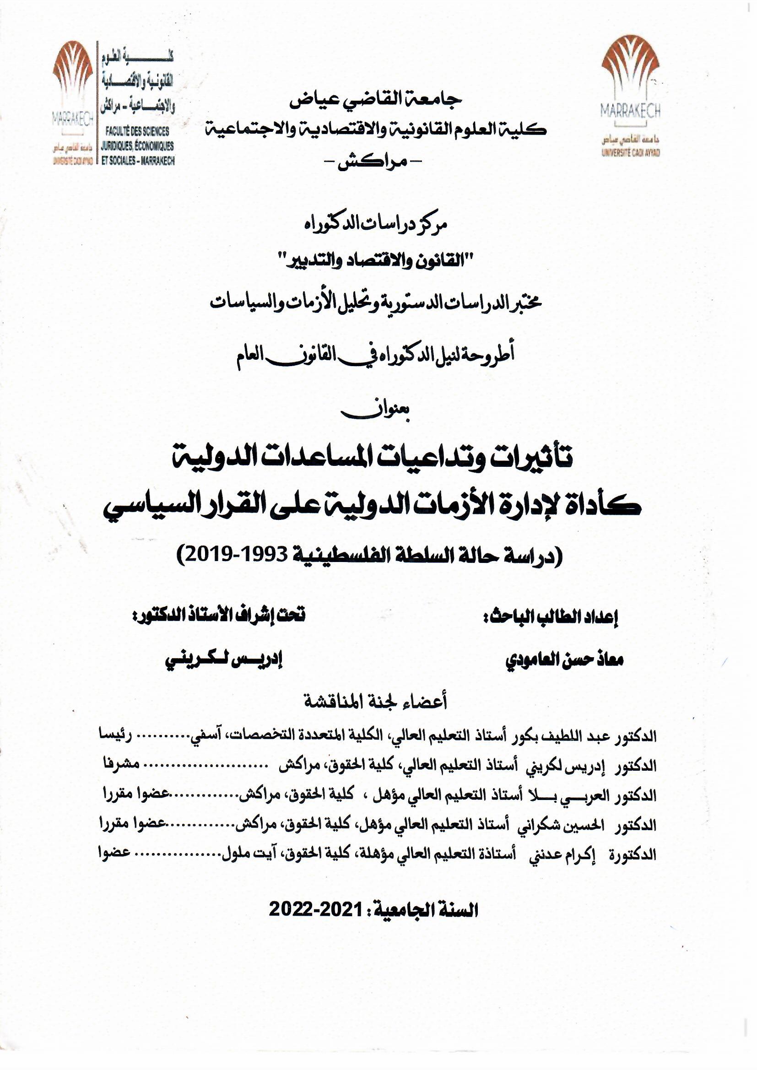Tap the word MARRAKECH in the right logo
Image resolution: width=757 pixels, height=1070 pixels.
[630, 111]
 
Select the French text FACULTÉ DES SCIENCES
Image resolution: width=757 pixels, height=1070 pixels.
[136, 132]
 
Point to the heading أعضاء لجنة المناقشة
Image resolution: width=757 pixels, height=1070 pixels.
[375, 702]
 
